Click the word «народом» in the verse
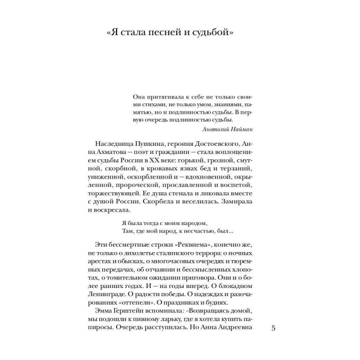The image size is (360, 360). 194,223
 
